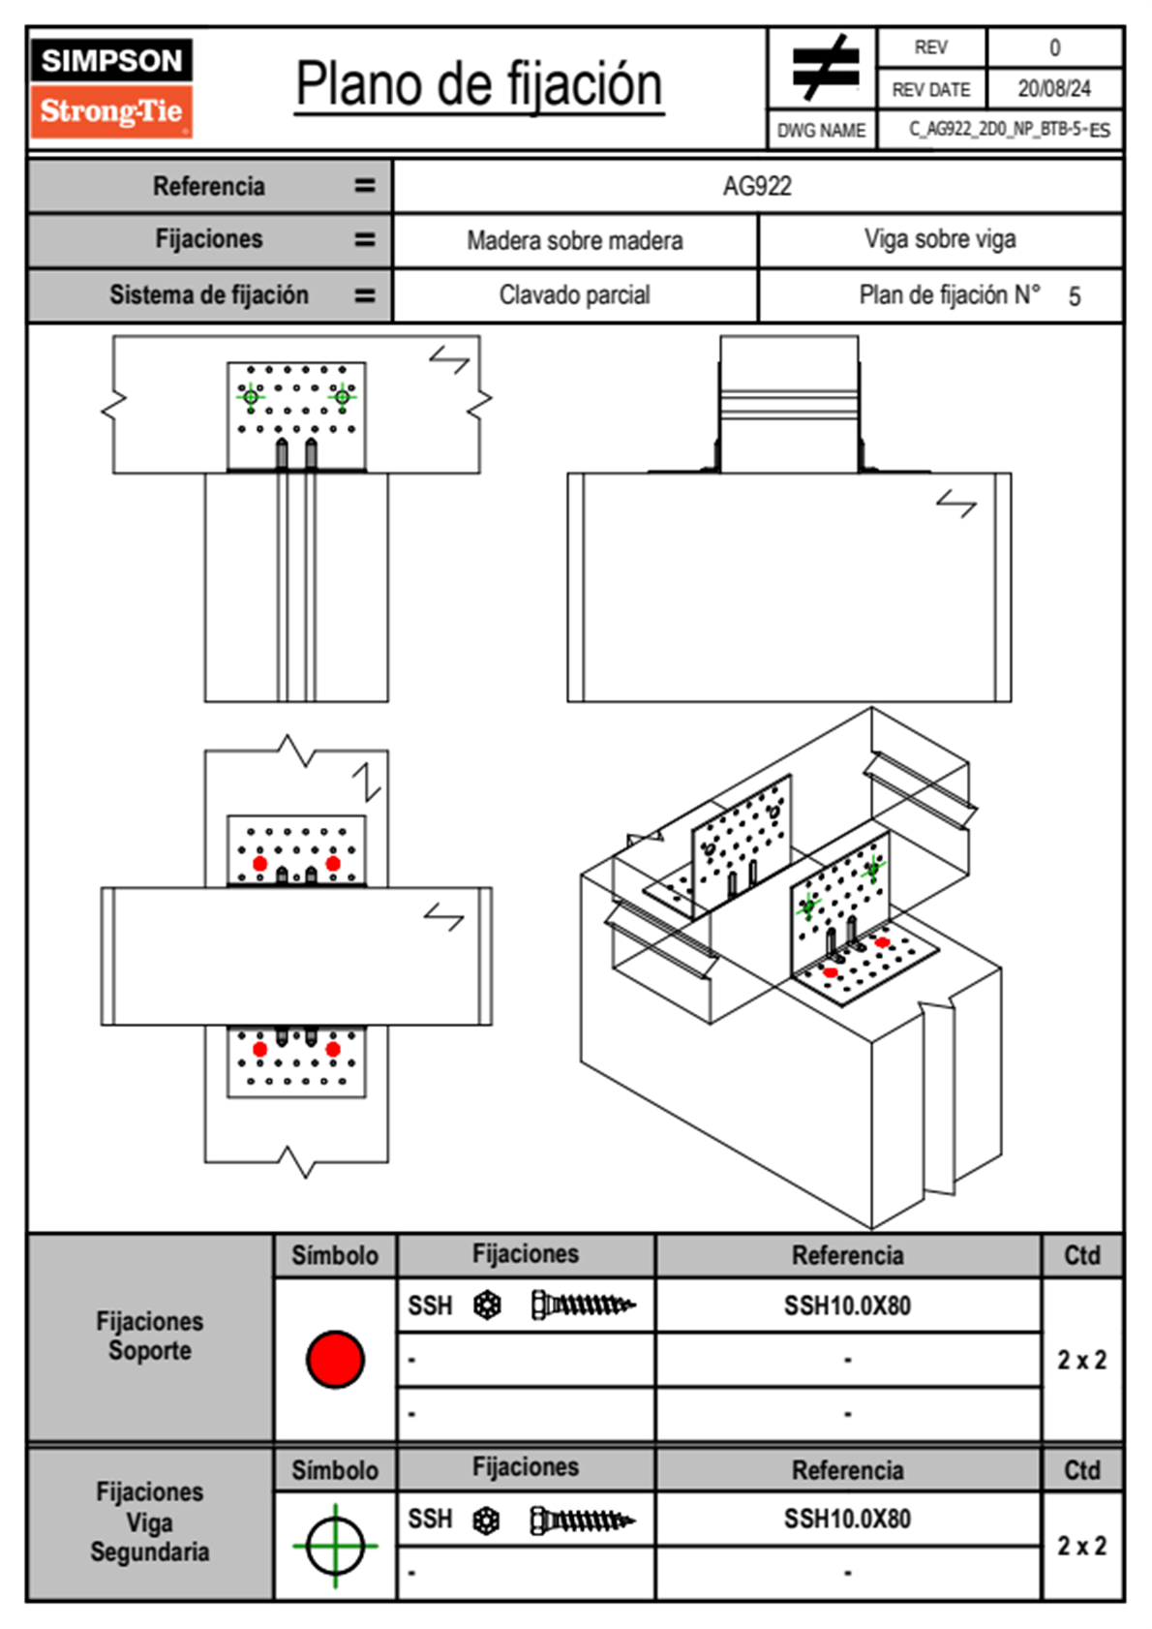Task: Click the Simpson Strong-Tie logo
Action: (111, 88)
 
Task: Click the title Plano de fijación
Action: (479, 84)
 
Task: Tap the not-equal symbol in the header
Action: (824, 68)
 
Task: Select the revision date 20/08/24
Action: (1053, 89)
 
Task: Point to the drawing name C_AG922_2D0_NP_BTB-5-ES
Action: (1008, 130)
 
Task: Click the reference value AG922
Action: (757, 186)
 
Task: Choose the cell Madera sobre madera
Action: (574, 240)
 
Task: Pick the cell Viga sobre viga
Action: (939, 239)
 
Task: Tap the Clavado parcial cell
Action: (574, 294)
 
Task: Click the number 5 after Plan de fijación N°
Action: (1074, 296)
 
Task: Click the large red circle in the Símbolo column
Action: (335, 1359)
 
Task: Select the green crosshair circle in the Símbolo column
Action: (335, 1546)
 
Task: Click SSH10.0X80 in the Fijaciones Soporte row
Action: (847, 1306)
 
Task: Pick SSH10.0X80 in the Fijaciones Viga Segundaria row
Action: (847, 1519)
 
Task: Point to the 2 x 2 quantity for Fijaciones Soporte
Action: (1081, 1360)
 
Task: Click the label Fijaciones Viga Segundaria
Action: (150, 1521)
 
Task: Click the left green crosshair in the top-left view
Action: (251, 396)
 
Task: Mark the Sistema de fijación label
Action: (209, 294)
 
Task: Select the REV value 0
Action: (1054, 47)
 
